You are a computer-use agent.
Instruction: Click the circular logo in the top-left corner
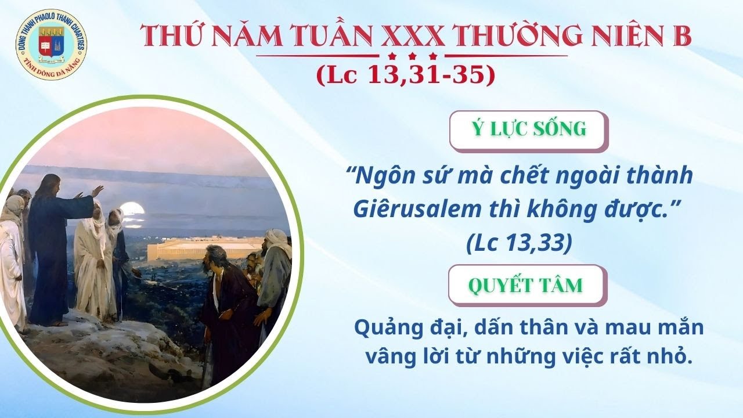tap(51, 45)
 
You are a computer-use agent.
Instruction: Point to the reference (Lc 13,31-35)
tap(406, 75)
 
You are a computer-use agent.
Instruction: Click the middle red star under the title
tap(412, 56)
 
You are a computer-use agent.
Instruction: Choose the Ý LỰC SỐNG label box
tap(529, 131)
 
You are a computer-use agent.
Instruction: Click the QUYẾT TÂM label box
tap(528, 285)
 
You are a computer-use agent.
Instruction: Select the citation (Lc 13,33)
tap(519, 243)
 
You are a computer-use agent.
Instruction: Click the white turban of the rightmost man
tap(276, 238)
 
